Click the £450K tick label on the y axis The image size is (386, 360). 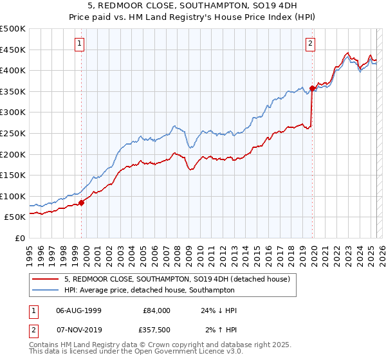[x=13, y=50]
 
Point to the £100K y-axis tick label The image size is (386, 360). [x=13, y=196]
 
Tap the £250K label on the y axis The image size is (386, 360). [x=13, y=133]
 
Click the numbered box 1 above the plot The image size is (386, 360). [x=79, y=44]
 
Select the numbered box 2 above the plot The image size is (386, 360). [x=310, y=44]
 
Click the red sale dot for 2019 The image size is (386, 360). [x=312, y=88]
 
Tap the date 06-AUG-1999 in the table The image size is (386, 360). [x=78, y=310]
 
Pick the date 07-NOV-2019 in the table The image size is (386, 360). [x=78, y=330]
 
